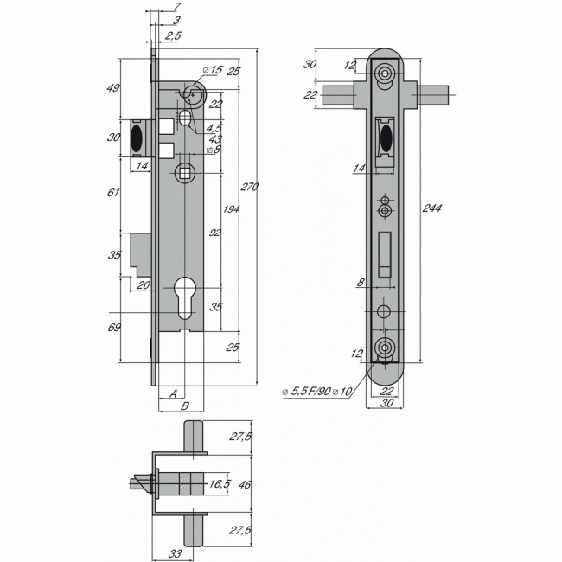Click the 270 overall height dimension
249,186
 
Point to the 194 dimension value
230,210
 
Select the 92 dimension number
214,232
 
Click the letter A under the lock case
175,393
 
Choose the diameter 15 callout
212,69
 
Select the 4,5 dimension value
214,128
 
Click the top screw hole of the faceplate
385,75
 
